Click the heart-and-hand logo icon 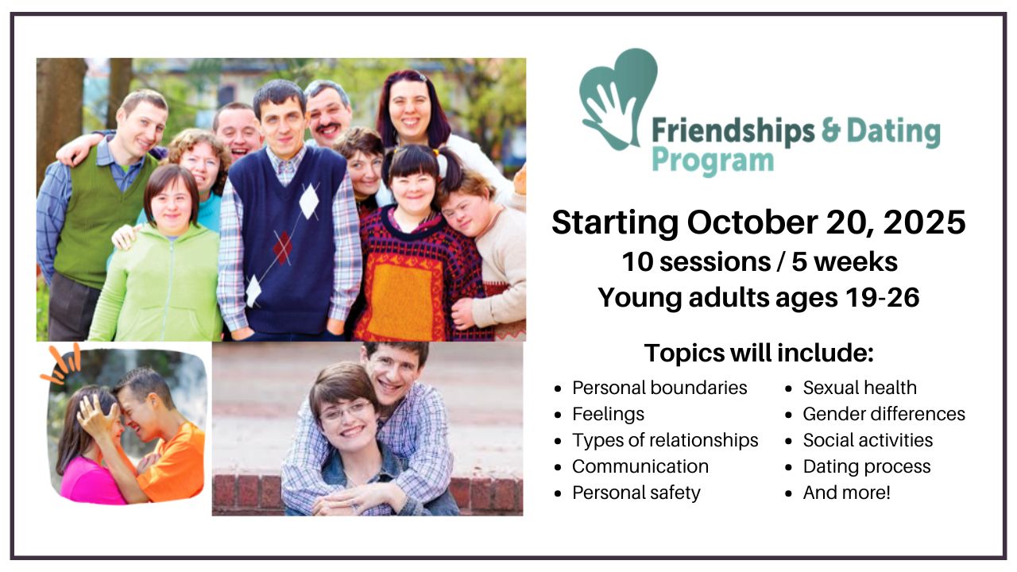[x=617, y=98]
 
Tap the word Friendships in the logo [x=733, y=132]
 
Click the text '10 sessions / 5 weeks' [x=760, y=262]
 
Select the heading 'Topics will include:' [x=759, y=353]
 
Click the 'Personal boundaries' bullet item [x=659, y=388]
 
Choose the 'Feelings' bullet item [x=608, y=415]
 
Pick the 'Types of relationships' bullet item [x=665, y=440]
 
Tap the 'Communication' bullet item [x=640, y=466]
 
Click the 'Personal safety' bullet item [x=636, y=493]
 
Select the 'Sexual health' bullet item [x=860, y=388]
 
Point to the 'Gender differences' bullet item [x=884, y=414]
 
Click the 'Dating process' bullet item [x=867, y=466]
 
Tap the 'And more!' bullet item [x=847, y=493]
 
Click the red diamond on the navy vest [x=282, y=248]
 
